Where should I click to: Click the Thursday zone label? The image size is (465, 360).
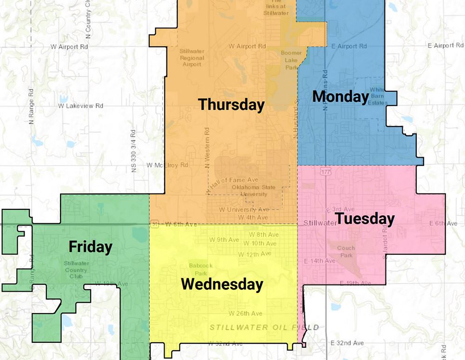(x=231, y=105)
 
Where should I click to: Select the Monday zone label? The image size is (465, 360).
(x=340, y=96)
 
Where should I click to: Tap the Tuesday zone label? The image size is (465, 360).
(x=365, y=218)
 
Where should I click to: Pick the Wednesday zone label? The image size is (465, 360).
(x=222, y=284)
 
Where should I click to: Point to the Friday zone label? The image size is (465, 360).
(x=90, y=247)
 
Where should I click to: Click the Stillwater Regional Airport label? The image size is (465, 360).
(x=192, y=58)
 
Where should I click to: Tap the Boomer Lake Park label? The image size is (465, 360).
(x=291, y=60)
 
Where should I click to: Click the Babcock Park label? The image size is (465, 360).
(x=200, y=270)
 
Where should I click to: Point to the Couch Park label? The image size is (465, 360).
(x=345, y=252)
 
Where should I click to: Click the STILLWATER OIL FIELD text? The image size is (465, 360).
(x=264, y=327)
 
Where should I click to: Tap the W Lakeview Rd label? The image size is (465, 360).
(x=80, y=106)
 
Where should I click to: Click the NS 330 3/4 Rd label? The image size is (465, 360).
(x=133, y=151)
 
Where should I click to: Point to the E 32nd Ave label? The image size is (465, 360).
(x=347, y=343)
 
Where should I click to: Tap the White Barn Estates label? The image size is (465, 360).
(x=378, y=96)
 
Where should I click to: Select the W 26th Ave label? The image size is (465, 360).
(x=245, y=313)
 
